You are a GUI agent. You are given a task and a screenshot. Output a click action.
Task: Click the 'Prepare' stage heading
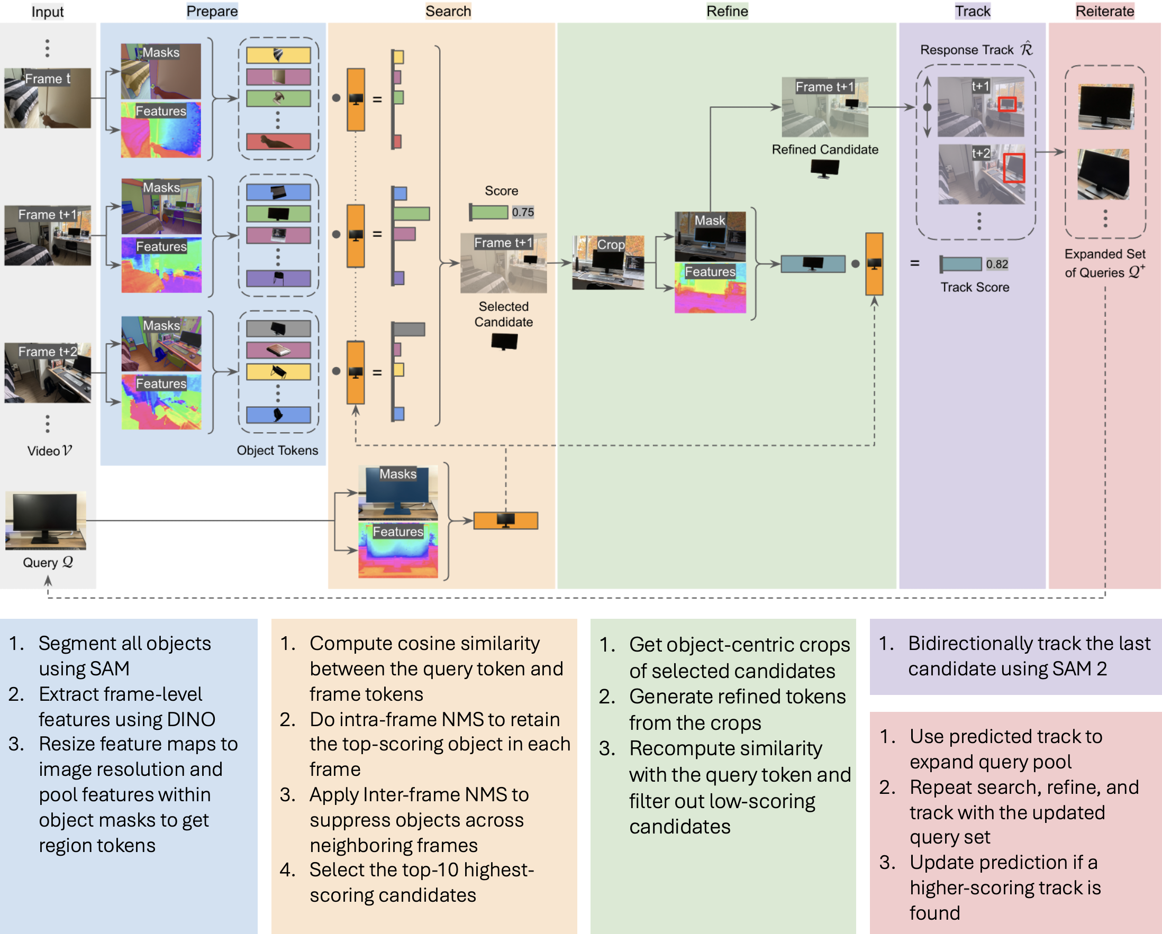(x=212, y=11)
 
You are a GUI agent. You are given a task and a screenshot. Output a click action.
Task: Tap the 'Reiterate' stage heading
(x=1104, y=11)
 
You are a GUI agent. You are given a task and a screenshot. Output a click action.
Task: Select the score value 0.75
(x=522, y=212)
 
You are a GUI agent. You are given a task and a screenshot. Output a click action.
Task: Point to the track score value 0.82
(x=996, y=264)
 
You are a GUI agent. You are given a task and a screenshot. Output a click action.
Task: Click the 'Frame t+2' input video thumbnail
(x=48, y=373)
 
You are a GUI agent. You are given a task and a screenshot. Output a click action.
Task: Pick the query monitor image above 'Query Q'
(x=46, y=520)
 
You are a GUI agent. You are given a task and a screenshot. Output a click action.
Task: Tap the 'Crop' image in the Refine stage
(x=608, y=262)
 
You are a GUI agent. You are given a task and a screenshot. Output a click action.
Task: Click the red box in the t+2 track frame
(x=1014, y=168)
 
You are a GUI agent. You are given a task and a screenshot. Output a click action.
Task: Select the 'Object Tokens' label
(x=277, y=450)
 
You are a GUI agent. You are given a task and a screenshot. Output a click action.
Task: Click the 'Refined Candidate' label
(x=824, y=150)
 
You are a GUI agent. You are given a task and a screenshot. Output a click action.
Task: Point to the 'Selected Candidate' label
(x=503, y=314)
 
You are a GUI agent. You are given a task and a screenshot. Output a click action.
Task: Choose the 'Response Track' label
(x=966, y=50)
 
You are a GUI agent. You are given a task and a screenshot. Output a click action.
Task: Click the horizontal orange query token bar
(x=505, y=520)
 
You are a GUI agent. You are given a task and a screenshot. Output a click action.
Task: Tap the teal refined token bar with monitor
(x=813, y=264)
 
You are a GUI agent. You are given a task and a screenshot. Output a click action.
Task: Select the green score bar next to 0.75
(x=488, y=212)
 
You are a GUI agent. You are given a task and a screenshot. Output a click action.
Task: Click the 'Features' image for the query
(x=398, y=550)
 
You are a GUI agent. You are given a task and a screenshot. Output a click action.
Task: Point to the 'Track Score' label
(x=975, y=287)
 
